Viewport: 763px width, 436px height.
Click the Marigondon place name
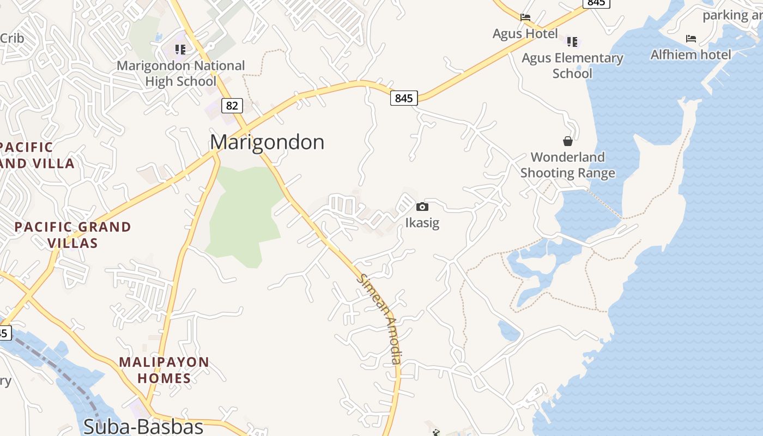(x=267, y=142)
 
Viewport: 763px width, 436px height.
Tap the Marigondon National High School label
(x=181, y=74)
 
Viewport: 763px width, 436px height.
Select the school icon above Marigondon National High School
(x=180, y=50)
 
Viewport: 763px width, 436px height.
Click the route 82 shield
(x=232, y=105)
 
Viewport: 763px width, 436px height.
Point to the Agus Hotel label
(x=525, y=34)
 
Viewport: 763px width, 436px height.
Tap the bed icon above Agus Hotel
(x=525, y=17)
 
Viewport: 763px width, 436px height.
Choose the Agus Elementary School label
(x=572, y=65)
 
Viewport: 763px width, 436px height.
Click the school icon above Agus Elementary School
(x=572, y=41)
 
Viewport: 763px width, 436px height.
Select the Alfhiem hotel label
(x=691, y=55)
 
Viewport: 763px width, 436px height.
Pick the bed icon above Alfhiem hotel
(x=691, y=39)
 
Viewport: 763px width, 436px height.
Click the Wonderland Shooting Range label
(x=568, y=165)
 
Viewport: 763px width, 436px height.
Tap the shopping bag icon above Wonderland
(x=568, y=141)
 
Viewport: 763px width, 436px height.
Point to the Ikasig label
(x=422, y=223)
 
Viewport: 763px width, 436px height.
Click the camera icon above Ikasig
(x=422, y=207)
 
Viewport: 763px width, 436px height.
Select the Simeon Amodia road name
(x=380, y=318)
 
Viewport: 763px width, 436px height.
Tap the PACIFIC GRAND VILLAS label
(x=72, y=235)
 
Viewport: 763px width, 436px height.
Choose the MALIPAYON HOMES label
(x=164, y=370)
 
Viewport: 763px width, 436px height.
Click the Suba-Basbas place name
(x=143, y=426)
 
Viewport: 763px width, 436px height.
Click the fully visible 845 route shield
(x=404, y=98)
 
